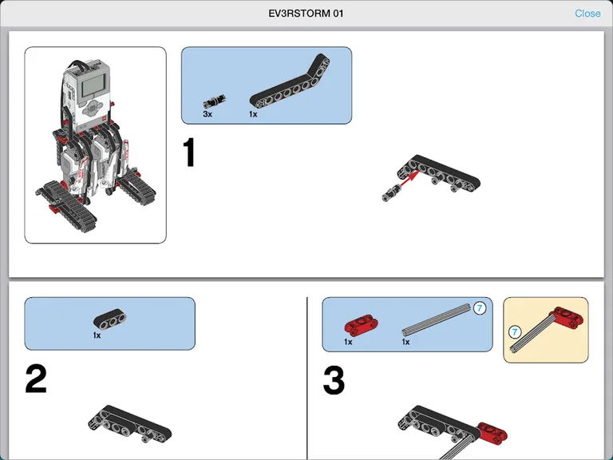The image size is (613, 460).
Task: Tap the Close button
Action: pos(587,14)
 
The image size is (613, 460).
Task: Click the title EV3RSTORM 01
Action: pos(306,14)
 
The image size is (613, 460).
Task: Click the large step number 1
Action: pos(189,153)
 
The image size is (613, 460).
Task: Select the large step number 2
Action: pos(36,379)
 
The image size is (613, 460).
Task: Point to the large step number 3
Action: pos(334,381)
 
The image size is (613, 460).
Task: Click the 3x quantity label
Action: pos(208,114)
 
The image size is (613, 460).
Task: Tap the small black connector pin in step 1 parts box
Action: pos(213,101)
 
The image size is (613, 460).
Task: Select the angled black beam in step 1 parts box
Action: pos(290,85)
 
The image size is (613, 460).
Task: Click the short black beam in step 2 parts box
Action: pos(109,319)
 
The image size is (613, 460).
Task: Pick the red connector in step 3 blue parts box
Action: pos(360,325)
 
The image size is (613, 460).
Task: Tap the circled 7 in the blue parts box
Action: pos(479,308)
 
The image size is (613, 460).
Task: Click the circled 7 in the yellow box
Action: pos(516,331)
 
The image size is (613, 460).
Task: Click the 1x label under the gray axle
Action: pos(405,342)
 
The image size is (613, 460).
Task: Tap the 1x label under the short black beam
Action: pos(97,335)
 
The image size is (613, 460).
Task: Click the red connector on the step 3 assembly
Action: pos(492,431)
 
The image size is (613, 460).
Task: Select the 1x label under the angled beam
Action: pos(253,114)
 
